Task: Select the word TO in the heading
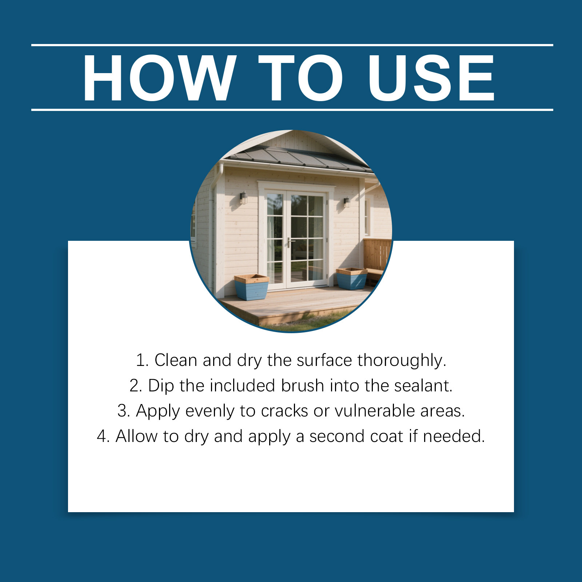coord(300,78)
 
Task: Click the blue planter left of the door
coord(251,287)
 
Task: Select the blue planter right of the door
coord(351,279)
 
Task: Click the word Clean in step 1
coord(176,360)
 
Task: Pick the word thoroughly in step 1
coord(402,361)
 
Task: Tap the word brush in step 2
coord(302,386)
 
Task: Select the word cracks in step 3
coord(284,411)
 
